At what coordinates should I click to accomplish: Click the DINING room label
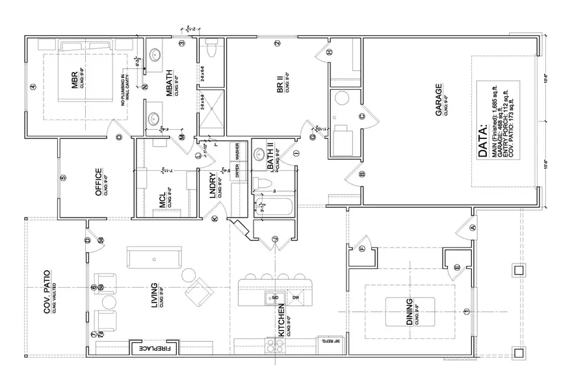[x=409, y=312]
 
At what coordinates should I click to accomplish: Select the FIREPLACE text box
[x=152, y=349]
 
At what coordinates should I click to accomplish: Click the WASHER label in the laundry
[x=237, y=152]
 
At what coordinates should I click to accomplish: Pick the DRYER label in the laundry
[x=237, y=171]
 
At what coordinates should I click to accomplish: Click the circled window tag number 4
[x=32, y=87]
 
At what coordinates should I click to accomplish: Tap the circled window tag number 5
[x=63, y=177]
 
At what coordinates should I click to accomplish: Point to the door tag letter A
[x=473, y=227]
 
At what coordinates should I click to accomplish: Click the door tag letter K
[x=215, y=220]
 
